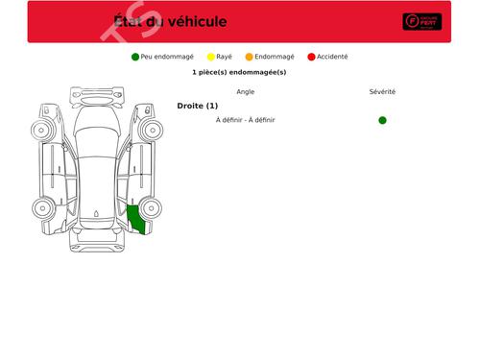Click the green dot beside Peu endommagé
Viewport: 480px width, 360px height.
click(135, 57)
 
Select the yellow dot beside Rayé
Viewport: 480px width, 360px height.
click(211, 57)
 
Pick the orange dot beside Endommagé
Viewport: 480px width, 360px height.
click(250, 57)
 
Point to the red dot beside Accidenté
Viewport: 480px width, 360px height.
click(311, 57)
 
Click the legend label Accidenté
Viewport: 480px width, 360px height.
click(332, 57)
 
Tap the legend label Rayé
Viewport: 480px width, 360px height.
click(224, 57)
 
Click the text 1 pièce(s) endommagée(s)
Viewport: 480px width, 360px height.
click(239, 72)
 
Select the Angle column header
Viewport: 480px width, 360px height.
click(245, 92)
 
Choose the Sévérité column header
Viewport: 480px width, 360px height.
click(382, 92)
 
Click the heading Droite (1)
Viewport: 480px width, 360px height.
click(198, 106)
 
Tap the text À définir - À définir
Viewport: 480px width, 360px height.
click(245, 120)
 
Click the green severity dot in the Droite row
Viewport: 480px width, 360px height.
click(382, 120)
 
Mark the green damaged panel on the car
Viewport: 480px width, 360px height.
click(136, 220)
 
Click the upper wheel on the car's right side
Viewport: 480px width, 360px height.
click(151, 130)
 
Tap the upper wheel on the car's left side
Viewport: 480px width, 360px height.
click(43, 130)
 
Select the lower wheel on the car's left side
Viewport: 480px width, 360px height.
click(43, 207)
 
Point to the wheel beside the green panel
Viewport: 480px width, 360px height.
click(151, 207)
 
